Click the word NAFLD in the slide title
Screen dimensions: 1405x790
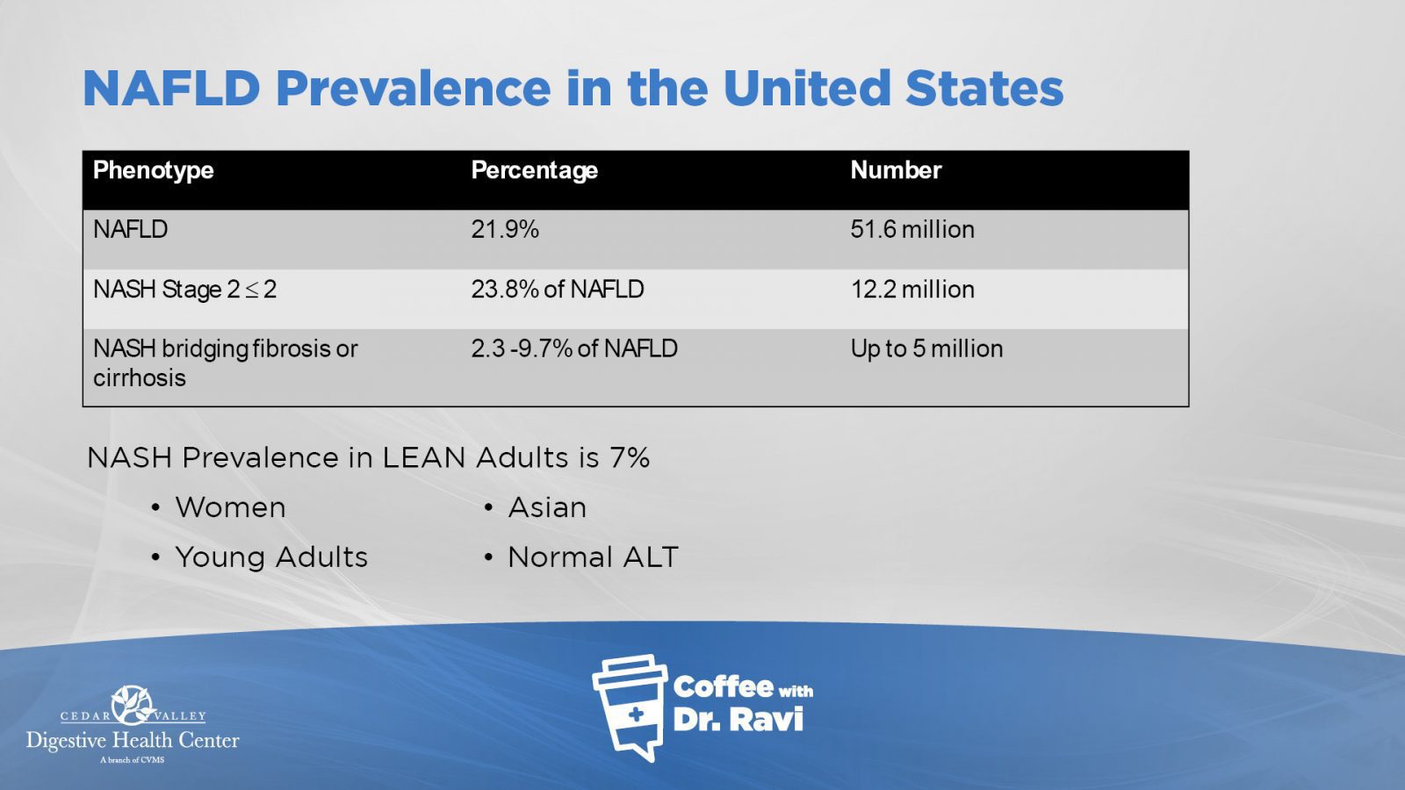171,89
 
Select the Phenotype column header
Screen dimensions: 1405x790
154,170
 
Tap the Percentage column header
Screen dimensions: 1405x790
535,170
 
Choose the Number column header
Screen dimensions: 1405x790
896,170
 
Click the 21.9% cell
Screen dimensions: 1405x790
505,229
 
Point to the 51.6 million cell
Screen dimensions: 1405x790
912,229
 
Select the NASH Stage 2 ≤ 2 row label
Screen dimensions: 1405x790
185,290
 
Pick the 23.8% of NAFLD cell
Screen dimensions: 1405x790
558,290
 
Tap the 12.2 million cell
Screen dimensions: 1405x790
912,290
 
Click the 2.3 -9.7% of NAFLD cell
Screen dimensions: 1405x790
574,348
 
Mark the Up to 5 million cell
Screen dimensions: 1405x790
927,349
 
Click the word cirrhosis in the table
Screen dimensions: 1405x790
140,378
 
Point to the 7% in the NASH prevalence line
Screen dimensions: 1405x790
629,457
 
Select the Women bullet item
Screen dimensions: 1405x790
230,507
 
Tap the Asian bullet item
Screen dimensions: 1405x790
547,507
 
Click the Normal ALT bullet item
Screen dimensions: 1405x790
593,557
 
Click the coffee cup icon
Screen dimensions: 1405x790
630,707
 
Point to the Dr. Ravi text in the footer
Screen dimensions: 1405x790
739,719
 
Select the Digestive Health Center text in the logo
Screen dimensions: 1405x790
133,741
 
